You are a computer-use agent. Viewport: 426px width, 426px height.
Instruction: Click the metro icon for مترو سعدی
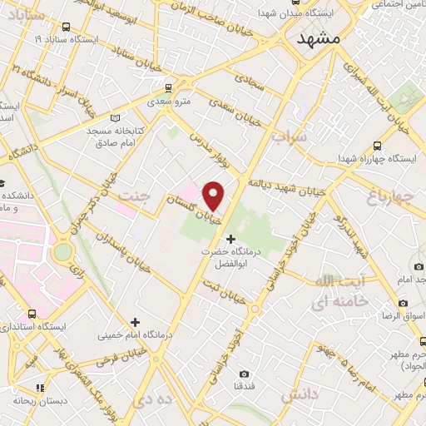(168, 87)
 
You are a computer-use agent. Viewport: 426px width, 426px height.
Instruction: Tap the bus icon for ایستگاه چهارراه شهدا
(378, 144)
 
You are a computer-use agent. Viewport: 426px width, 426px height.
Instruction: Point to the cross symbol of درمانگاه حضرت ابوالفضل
(230, 240)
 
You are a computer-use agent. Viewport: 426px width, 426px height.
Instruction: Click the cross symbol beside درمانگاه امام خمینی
(135, 321)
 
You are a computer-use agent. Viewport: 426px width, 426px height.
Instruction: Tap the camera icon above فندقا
(244, 374)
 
